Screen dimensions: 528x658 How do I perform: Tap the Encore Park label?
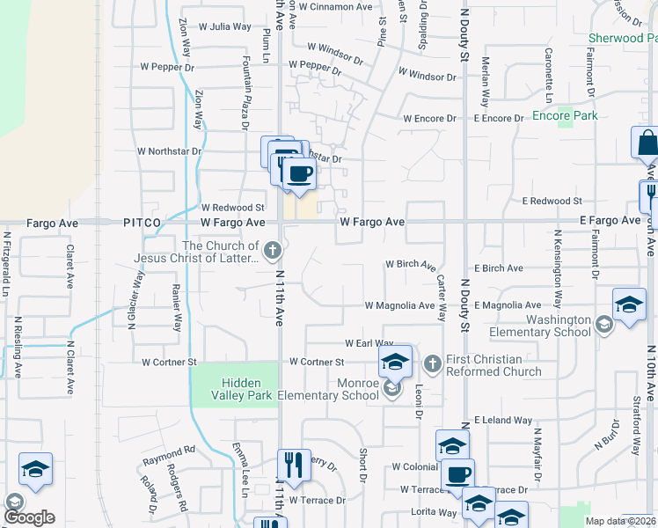point(565,115)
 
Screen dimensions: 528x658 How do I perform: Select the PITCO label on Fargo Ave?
point(142,224)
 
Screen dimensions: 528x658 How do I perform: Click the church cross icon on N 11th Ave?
point(273,251)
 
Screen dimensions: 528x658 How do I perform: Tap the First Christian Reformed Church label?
point(496,365)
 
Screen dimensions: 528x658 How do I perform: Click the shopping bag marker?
point(647,143)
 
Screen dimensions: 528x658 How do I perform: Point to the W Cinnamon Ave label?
point(336,7)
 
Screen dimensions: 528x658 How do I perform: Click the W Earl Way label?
point(369,343)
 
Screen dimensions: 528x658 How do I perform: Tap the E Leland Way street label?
point(503,421)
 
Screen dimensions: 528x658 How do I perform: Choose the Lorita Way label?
point(434,511)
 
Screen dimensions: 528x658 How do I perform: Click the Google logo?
point(30,517)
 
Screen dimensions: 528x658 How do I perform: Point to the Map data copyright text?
point(621,521)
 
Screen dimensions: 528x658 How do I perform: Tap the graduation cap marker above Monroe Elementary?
point(396,360)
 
